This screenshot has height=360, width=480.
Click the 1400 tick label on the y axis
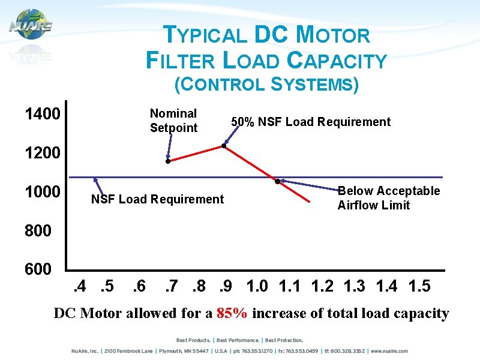point(42,114)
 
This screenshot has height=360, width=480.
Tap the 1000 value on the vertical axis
point(42,193)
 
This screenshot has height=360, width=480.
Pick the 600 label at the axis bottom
point(39,269)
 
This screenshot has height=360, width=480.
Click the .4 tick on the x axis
point(79,286)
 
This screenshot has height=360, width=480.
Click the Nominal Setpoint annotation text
point(173,121)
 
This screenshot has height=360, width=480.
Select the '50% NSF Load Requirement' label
point(311,122)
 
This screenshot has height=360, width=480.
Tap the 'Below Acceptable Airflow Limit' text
point(388,198)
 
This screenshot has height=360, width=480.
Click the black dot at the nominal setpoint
point(168,161)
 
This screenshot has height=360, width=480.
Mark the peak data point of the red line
point(224,146)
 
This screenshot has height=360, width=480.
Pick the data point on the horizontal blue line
point(277,181)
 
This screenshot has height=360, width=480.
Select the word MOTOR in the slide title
point(334,35)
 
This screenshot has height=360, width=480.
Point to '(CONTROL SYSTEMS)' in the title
point(266,85)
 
